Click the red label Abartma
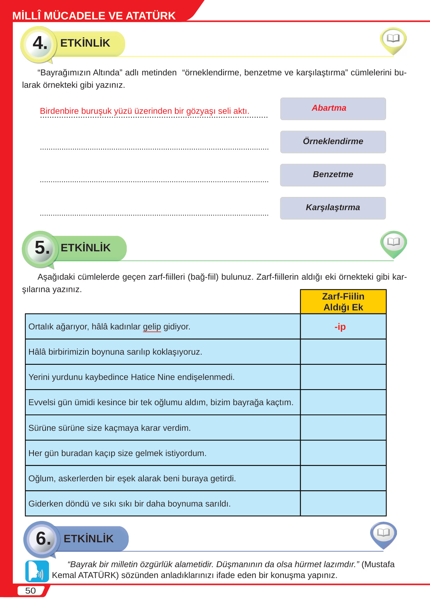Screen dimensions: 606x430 coord(329,108)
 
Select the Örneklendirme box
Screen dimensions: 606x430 coord(333,141)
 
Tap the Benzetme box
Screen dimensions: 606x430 coord(333,174)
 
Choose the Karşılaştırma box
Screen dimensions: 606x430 coord(333,207)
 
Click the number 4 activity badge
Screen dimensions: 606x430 coord(39,43)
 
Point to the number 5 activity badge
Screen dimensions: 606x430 coord(42,248)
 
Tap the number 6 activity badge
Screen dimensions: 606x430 coord(43,538)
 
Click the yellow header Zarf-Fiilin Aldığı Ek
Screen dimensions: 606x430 coord(343,302)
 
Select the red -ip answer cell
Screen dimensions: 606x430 coord(340,327)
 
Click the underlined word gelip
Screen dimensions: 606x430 coord(152,327)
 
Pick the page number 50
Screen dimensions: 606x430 coord(30,590)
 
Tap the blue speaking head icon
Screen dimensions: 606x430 coord(37,571)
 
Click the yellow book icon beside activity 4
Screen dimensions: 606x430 coord(393,39)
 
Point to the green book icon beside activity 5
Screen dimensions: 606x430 coord(393,242)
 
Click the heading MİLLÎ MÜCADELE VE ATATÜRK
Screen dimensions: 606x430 coord(94,16)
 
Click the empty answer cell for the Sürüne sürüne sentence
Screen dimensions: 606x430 coord(343,428)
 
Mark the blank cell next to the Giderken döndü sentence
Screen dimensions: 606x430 coord(343,503)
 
